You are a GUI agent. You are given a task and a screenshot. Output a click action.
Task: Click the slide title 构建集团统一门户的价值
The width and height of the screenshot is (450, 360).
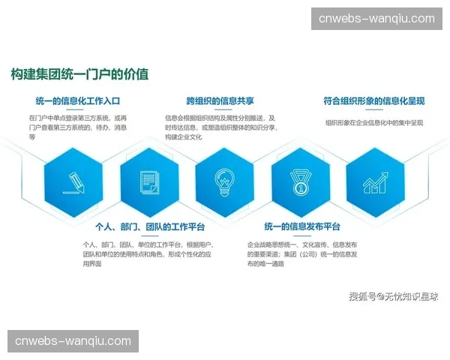79,74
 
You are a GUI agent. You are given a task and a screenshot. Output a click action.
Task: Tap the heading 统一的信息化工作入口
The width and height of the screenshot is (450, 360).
78,100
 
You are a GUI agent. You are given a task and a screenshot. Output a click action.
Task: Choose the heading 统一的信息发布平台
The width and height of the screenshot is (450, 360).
303,227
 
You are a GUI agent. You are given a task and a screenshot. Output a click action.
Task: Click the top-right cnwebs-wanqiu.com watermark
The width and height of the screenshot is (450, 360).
376,19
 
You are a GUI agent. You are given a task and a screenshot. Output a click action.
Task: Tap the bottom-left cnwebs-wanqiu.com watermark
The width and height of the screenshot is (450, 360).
73,341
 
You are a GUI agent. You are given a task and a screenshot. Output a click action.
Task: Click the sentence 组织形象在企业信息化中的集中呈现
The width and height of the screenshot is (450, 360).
374,122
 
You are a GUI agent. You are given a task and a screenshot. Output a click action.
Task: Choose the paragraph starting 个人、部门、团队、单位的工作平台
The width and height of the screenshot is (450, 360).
148,254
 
